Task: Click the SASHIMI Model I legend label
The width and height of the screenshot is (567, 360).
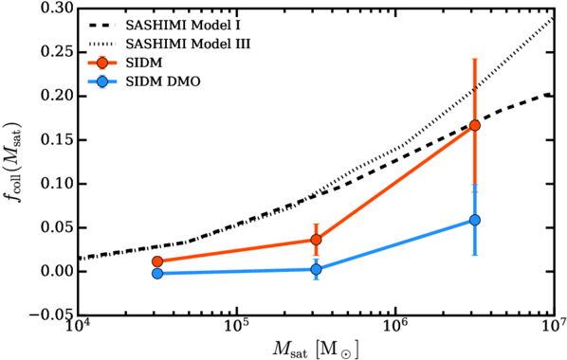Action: [x=183, y=26]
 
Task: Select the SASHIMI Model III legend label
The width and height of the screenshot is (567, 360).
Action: [x=188, y=45]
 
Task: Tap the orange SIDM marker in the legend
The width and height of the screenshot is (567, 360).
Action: [x=102, y=63]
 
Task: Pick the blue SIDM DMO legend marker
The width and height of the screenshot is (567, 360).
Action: [x=102, y=81]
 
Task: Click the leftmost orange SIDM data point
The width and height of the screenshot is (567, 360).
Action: [x=157, y=261]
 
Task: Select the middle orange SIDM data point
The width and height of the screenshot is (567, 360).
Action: [x=316, y=240]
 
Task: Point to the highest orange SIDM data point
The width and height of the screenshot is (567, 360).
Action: [x=475, y=125]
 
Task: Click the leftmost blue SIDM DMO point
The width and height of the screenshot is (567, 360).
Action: [x=157, y=274]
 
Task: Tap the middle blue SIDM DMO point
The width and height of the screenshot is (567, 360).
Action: [x=316, y=269]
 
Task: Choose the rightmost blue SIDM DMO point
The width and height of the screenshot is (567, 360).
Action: [x=475, y=220]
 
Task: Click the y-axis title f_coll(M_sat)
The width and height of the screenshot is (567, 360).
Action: [x=15, y=162]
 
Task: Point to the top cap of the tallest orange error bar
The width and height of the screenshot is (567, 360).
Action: [x=475, y=59]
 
